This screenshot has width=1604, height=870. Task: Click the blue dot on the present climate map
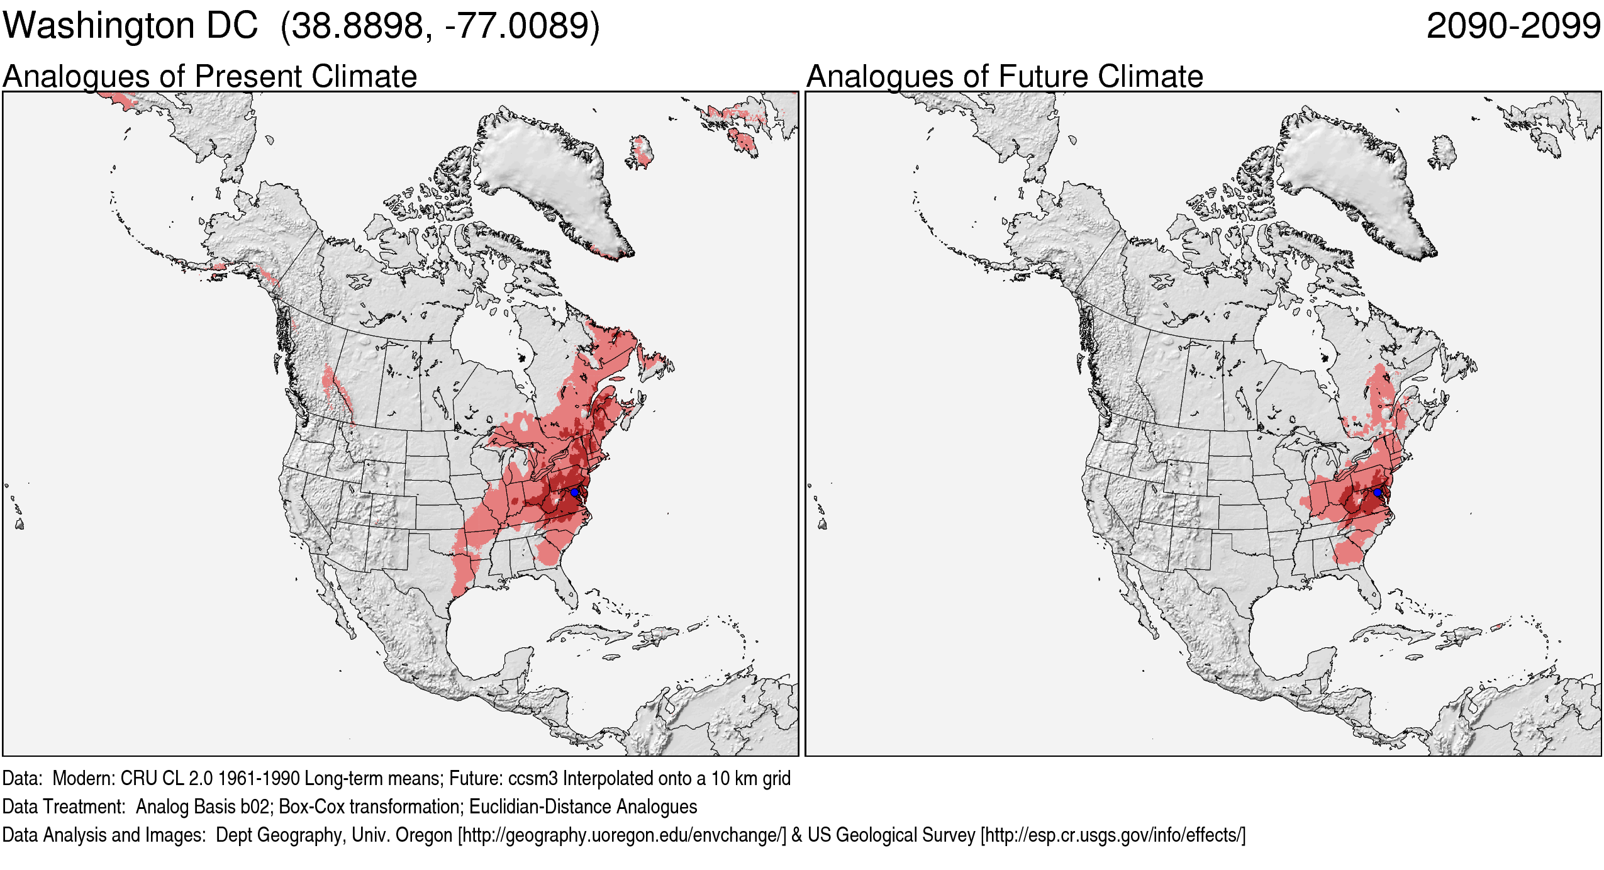(574, 492)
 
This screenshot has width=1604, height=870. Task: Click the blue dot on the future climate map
(1378, 492)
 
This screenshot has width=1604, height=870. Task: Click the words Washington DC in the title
(130, 26)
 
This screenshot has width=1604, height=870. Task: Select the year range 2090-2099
(1513, 26)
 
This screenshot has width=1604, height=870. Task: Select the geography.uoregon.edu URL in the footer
(622, 835)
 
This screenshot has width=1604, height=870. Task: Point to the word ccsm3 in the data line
(533, 779)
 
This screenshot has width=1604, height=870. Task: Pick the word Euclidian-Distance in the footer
(540, 807)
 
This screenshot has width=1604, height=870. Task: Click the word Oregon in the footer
(423, 835)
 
